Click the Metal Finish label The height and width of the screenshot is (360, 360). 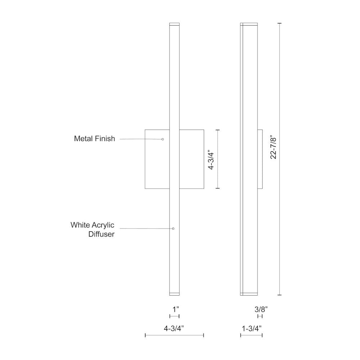pyautogui.click(x=95, y=139)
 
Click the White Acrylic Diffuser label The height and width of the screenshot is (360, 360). pyautogui.click(x=93, y=230)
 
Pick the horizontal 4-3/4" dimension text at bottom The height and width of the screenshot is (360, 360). pyautogui.click(x=174, y=328)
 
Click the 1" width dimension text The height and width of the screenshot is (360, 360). pyautogui.click(x=175, y=309)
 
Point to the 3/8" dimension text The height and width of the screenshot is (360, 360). pyautogui.click(x=261, y=309)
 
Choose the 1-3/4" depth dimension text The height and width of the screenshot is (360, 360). pyautogui.click(x=252, y=328)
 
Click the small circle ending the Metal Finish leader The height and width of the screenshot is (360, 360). pyautogui.click(x=163, y=139)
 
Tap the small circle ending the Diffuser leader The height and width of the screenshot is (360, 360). pyautogui.click(x=173, y=229)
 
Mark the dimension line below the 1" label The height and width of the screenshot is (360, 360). pyautogui.click(x=174, y=316)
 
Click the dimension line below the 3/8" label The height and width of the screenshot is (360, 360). pyautogui.click(x=260, y=316)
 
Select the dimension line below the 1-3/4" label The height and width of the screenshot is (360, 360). pyautogui.click(x=251, y=335)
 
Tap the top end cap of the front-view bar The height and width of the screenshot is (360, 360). pyautogui.click(x=174, y=24)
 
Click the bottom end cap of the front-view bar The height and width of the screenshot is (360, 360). pyautogui.click(x=174, y=293)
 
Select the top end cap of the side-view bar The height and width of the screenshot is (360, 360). pyautogui.click(x=249, y=24)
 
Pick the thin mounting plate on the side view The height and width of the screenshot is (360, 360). pyautogui.click(x=260, y=159)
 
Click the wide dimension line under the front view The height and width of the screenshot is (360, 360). pyautogui.click(x=174, y=335)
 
